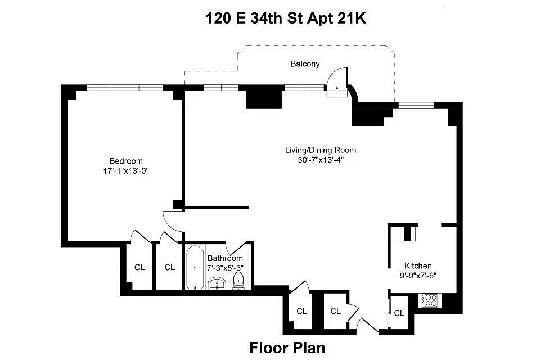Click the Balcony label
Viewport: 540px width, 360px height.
pyautogui.click(x=305, y=64)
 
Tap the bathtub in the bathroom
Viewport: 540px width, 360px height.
pyautogui.click(x=195, y=268)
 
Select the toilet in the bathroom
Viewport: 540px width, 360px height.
pyautogui.click(x=238, y=281)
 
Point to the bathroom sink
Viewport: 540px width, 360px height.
pyautogui.click(x=217, y=283)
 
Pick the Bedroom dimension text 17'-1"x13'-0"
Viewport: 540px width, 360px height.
pyautogui.click(x=126, y=171)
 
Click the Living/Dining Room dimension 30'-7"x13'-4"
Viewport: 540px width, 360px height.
pyautogui.click(x=321, y=160)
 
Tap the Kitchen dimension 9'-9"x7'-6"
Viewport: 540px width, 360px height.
pyautogui.click(x=418, y=276)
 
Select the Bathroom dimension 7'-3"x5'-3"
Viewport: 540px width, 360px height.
pyautogui.click(x=225, y=268)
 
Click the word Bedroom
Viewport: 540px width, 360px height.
pyautogui.click(x=126, y=161)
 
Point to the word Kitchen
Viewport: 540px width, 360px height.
pyautogui.click(x=418, y=265)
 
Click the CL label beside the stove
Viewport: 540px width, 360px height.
pyautogui.click(x=399, y=313)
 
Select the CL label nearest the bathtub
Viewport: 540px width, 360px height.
pyautogui.click(x=169, y=267)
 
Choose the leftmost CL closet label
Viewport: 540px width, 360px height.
pyautogui.click(x=139, y=267)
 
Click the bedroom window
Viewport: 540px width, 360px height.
pyautogui.click(x=124, y=88)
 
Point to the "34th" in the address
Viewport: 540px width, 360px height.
pyautogui.click(x=266, y=18)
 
